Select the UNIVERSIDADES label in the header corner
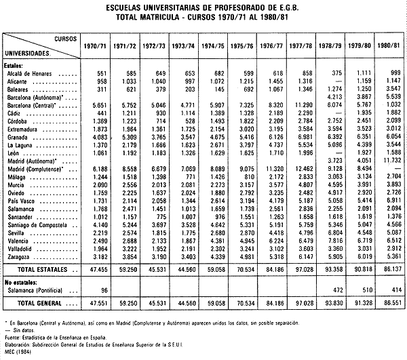point(30,52)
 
